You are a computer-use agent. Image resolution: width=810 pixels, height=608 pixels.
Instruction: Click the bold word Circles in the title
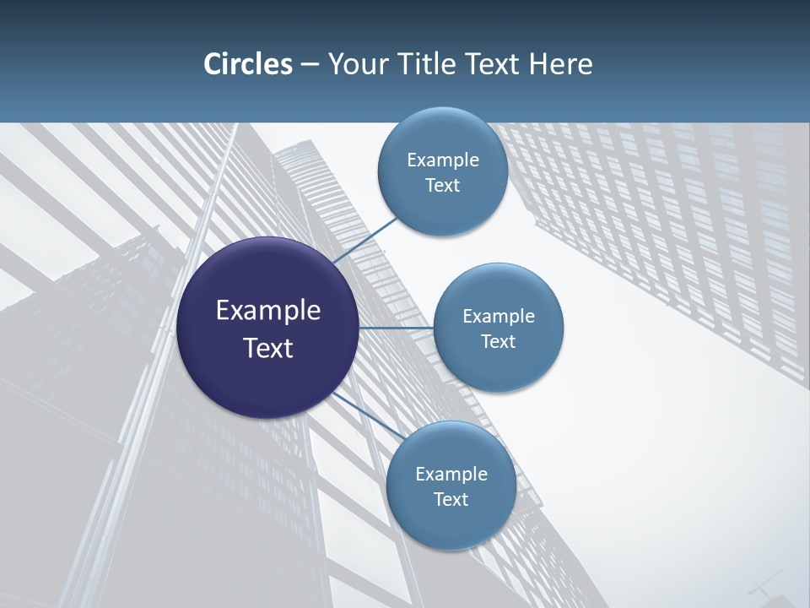coord(248,64)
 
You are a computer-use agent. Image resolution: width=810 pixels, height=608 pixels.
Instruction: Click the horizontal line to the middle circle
coord(396,328)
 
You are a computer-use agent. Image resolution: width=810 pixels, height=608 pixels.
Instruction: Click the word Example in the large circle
coord(268,311)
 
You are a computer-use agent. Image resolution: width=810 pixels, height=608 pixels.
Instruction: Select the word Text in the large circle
coord(268,348)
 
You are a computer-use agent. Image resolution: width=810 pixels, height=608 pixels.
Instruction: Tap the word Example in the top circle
coord(443,160)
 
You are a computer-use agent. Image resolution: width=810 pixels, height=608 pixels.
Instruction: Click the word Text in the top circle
coord(442,186)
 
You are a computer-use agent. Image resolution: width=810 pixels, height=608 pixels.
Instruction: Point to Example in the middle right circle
coord(499,317)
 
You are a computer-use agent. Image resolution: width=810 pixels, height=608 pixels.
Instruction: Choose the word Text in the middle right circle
coord(498,342)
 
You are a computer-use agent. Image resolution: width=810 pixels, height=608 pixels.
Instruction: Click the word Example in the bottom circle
coord(451,475)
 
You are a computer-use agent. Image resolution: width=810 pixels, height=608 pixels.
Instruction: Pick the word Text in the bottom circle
coord(451,500)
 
